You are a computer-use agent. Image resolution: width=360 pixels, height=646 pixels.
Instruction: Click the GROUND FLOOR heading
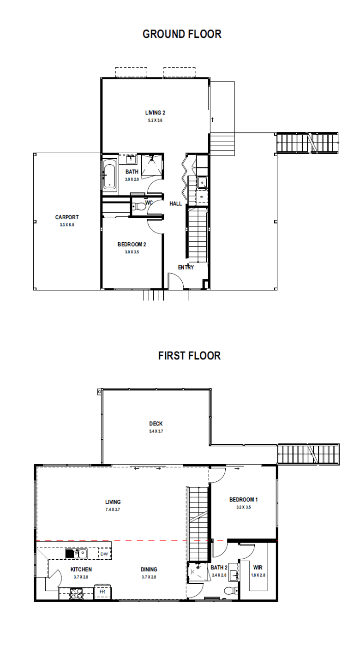click(182, 34)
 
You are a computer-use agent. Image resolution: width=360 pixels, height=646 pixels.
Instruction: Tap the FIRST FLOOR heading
click(189, 356)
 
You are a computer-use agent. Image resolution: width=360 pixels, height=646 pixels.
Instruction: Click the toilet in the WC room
click(139, 207)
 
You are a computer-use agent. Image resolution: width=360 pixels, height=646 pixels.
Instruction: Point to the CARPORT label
click(67, 217)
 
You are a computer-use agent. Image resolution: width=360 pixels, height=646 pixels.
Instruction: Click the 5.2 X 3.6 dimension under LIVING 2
click(155, 120)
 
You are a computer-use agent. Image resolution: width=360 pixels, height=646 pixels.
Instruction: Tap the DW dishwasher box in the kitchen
click(104, 554)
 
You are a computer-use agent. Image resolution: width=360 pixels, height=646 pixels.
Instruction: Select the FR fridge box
click(102, 592)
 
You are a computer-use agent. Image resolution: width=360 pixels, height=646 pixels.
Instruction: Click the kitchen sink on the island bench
click(77, 554)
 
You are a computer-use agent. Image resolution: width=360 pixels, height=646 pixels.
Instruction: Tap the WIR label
click(258, 568)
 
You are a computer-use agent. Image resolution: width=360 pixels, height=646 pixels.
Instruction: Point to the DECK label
click(156, 424)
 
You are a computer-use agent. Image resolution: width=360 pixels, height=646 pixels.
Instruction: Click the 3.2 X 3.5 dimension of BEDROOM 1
click(244, 507)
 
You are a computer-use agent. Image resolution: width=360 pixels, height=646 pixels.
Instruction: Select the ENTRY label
click(186, 267)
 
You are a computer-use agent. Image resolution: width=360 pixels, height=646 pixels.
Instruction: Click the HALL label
click(175, 203)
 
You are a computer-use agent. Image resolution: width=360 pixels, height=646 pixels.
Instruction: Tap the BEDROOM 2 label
click(132, 245)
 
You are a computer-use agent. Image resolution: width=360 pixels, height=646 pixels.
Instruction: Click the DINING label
click(149, 569)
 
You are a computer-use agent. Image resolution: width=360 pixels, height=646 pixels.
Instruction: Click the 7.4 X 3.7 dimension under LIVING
click(113, 509)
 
